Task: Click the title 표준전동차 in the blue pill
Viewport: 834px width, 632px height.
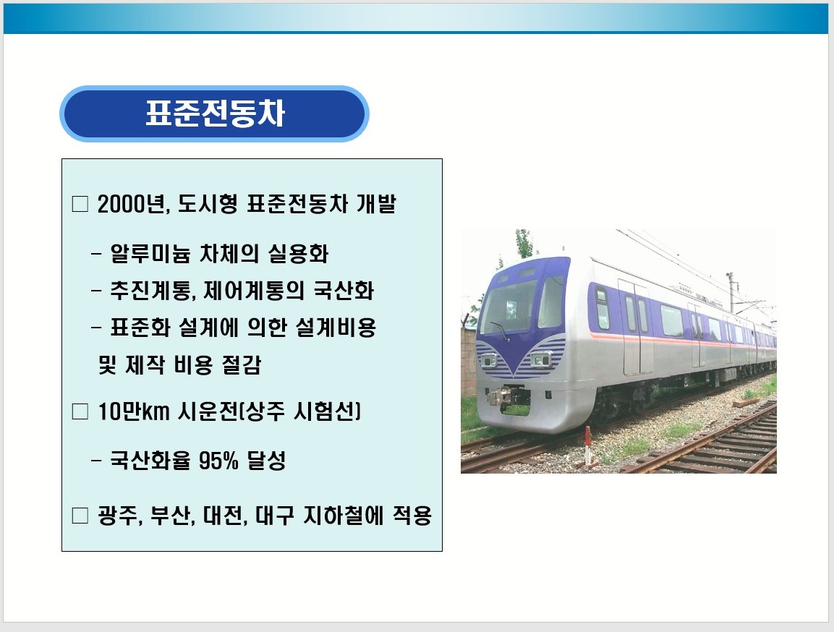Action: pyautogui.click(x=215, y=113)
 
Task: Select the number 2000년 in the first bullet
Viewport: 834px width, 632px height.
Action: pyautogui.click(x=134, y=204)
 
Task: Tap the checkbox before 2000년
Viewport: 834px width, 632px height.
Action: pyautogui.click(x=80, y=204)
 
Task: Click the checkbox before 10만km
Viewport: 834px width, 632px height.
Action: pyautogui.click(x=80, y=411)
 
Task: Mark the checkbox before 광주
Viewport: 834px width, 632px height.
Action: pyautogui.click(x=80, y=515)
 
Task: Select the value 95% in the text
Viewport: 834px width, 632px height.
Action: pyautogui.click(x=218, y=461)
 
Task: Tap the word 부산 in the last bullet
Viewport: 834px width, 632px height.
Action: pyautogui.click(x=171, y=515)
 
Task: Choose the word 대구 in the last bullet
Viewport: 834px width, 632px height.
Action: pyautogui.click(x=274, y=515)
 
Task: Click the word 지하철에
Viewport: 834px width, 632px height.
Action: pyautogui.click(x=343, y=515)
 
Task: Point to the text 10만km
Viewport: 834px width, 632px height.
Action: pyautogui.click(x=134, y=411)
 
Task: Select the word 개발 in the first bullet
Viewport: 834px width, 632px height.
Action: pyautogui.click(x=376, y=204)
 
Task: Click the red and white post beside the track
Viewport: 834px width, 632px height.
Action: pyautogui.click(x=588, y=445)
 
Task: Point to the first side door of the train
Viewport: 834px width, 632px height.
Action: pyautogui.click(x=636, y=328)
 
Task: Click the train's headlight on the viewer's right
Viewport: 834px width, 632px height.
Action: pyautogui.click(x=541, y=360)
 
